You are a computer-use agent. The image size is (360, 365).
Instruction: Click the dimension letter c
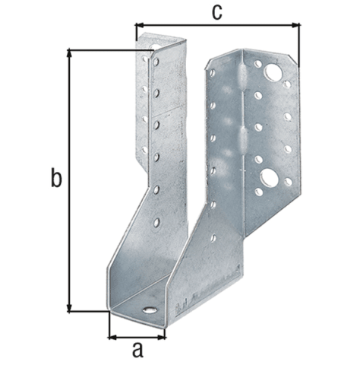216,12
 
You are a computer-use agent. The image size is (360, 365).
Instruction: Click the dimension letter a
137,350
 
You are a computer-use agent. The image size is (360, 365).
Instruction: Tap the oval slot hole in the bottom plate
150,310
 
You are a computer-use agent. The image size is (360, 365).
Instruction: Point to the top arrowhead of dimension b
68,54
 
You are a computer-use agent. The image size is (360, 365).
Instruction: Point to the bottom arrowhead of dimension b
68,307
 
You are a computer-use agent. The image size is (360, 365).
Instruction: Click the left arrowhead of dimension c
140,25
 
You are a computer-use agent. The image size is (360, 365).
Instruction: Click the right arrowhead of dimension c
295,25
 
